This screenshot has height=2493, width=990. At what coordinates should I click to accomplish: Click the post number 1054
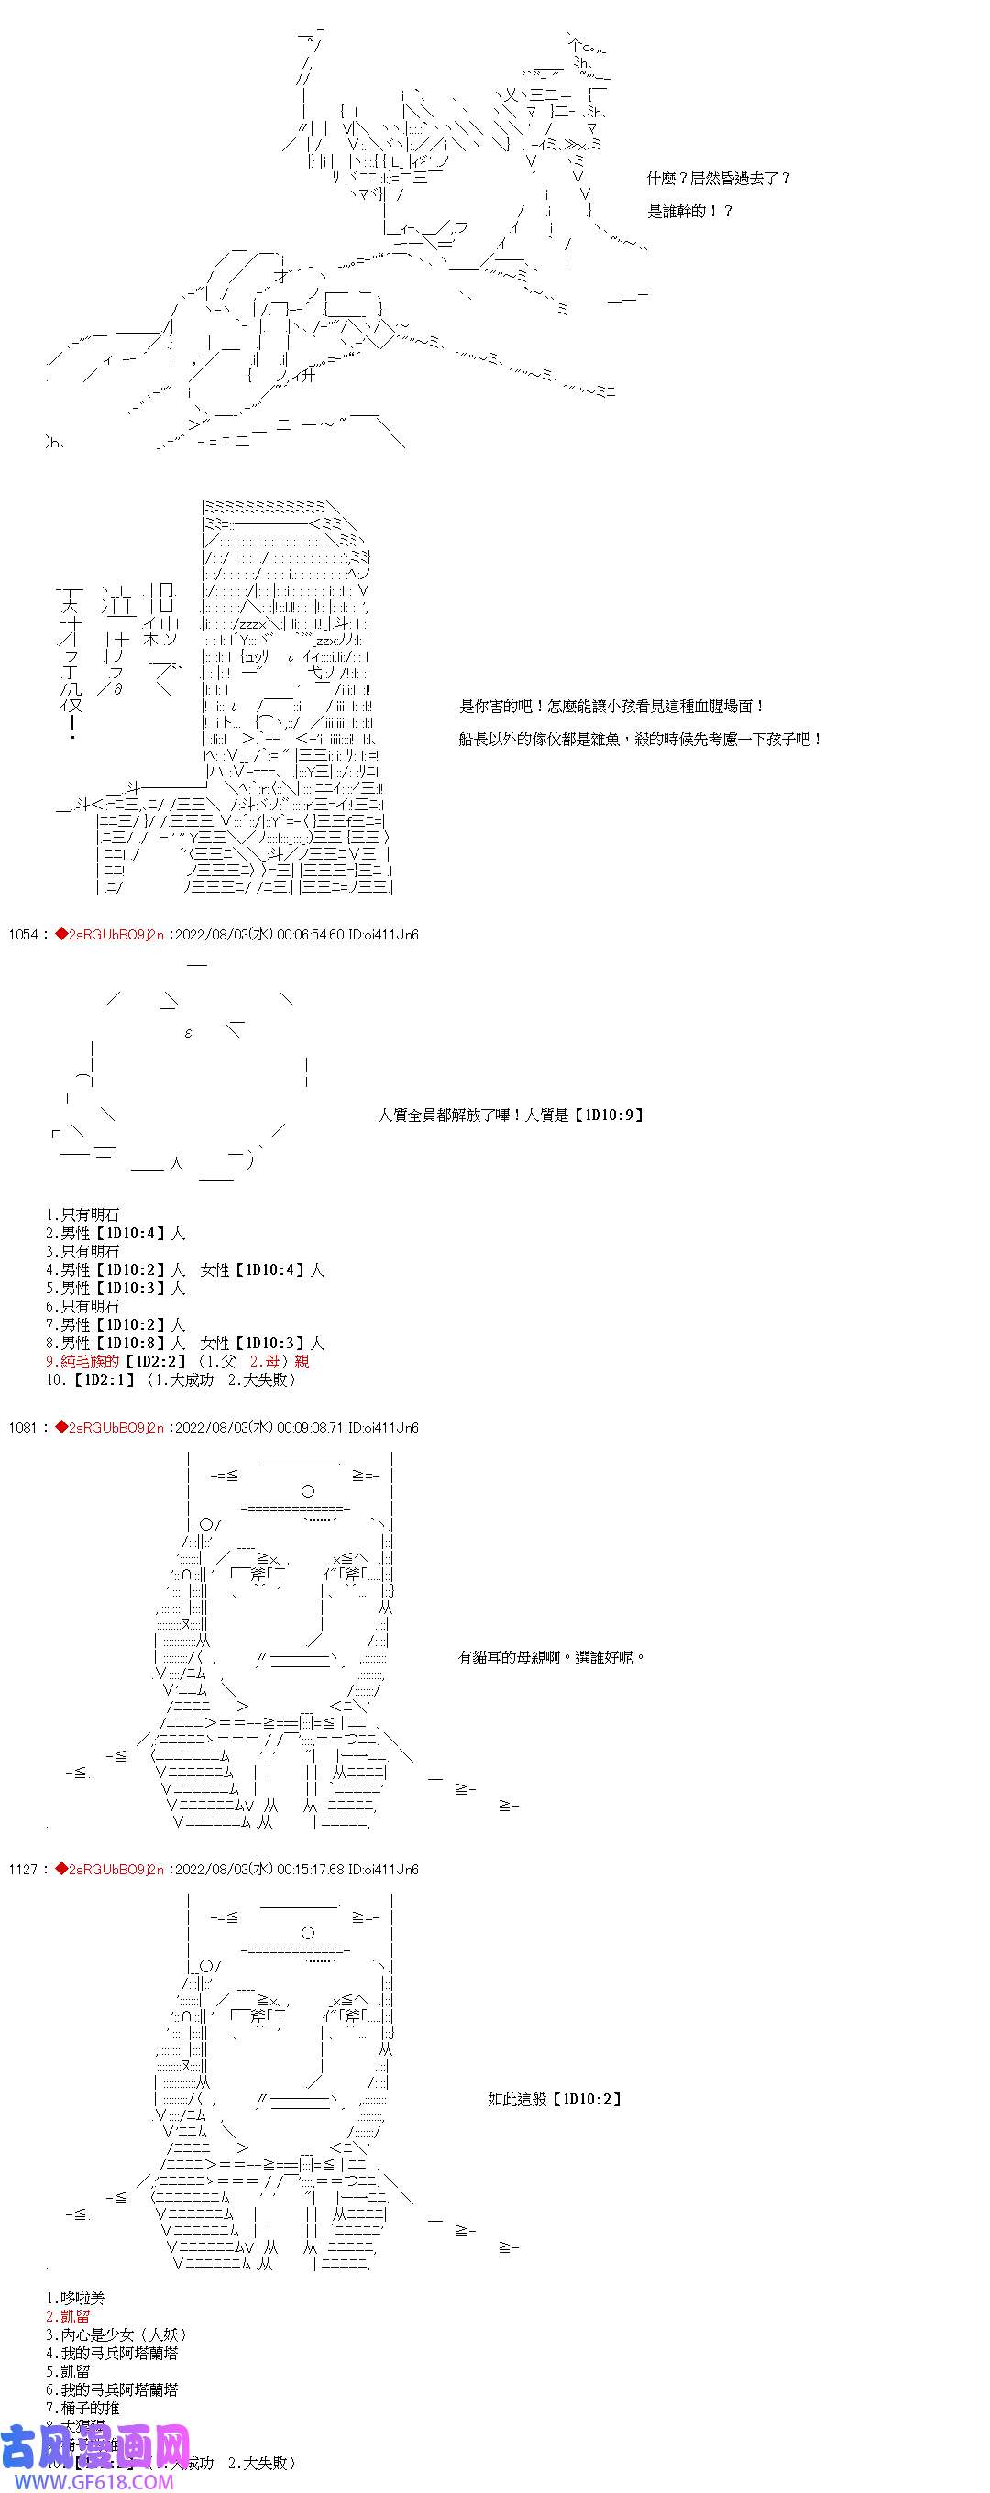[22, 934]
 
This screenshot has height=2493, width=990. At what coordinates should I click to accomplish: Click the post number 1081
[22, 1427]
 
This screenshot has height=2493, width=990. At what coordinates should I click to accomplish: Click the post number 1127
[22, 1869]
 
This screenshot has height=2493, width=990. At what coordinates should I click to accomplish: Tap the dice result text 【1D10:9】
[609, 1115]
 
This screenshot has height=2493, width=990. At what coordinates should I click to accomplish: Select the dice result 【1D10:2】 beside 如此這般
[588, 2099]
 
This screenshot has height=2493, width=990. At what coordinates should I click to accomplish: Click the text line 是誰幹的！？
[690, 211]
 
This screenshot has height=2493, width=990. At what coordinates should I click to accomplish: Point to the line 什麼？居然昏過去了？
[719, 179]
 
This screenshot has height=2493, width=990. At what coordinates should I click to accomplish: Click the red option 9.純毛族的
[82, 1361]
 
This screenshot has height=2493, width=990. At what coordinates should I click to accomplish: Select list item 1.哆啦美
[75, 2298]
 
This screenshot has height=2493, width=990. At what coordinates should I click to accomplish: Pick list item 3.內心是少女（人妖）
[116, 2334]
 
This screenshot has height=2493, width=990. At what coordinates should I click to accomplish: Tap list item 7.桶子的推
[83, 2408]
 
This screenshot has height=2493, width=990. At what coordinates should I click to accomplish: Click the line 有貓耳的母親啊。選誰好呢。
[552, 1658]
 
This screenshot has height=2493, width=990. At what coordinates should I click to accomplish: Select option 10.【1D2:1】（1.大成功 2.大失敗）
[170, 1379]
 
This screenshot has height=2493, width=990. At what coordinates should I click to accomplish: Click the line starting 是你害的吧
[611, 708]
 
